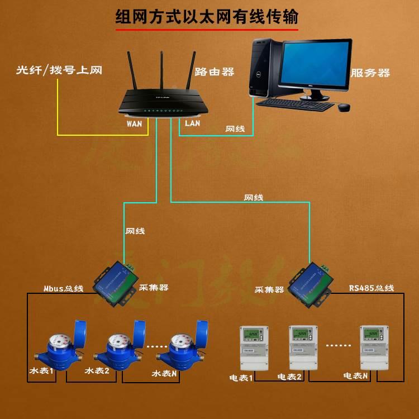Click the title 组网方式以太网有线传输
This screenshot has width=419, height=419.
[x=207, y=17]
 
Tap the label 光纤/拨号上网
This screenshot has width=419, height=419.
[x=60, y=71]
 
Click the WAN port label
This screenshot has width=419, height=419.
[x=135, y=123]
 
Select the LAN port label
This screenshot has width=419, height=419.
[x=192, y=123]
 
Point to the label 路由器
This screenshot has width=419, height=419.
[x=215, y=72]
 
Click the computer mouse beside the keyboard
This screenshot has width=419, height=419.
[x=344, y=106]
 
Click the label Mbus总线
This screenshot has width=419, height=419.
[x=63, y=289]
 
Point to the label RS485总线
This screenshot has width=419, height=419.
[x=372, y=288]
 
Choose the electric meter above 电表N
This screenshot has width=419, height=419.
[x=373, y=346]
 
